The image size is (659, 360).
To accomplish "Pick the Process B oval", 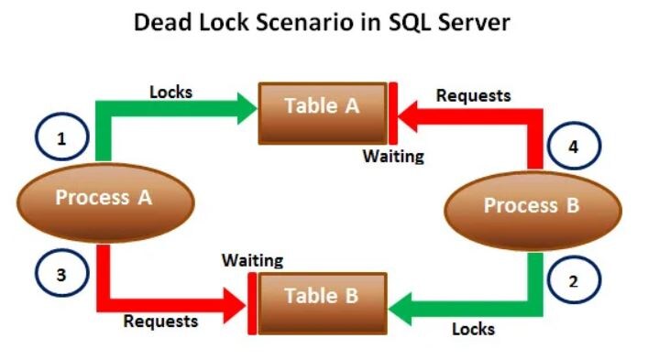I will click(532, 206).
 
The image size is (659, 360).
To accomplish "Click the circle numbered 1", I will click(62, 140).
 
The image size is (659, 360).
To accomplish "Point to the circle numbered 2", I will click(574, 281).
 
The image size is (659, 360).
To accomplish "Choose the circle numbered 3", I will click(62, 275).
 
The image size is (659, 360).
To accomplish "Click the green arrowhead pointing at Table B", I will click(403, 300).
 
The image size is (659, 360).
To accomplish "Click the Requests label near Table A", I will click(473, 94).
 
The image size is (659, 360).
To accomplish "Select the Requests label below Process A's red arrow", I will click(160, 321).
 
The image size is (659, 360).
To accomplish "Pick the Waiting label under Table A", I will click(393, 156).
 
